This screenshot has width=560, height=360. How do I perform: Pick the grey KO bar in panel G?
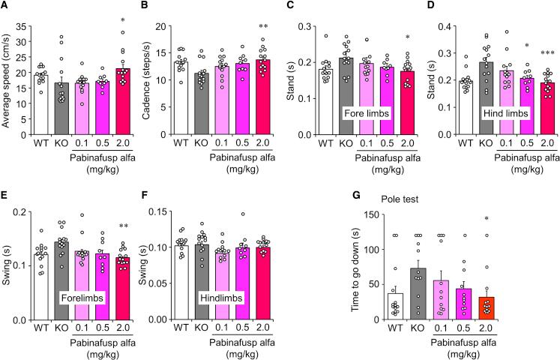[x=415, y=293]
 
